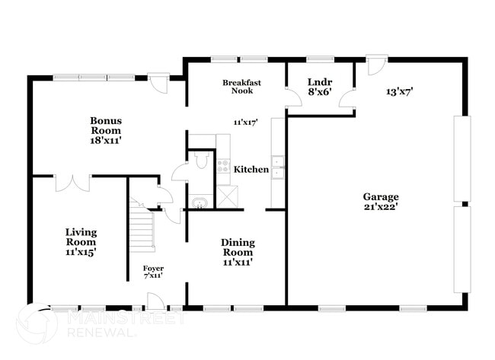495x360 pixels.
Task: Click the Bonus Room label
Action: tap(105, 125)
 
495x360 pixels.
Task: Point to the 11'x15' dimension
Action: tap(80, 251)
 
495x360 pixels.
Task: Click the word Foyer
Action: tap(153, 269)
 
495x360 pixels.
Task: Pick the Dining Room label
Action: tap(238, 247)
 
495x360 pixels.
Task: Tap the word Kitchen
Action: tap(251, 170)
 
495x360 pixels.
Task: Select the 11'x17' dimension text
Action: tap(246, 122)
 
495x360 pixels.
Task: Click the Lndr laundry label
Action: tap(319, 81)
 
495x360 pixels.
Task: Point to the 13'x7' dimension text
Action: tap(399, 92)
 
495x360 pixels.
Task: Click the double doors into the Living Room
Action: tap(72, 183)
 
